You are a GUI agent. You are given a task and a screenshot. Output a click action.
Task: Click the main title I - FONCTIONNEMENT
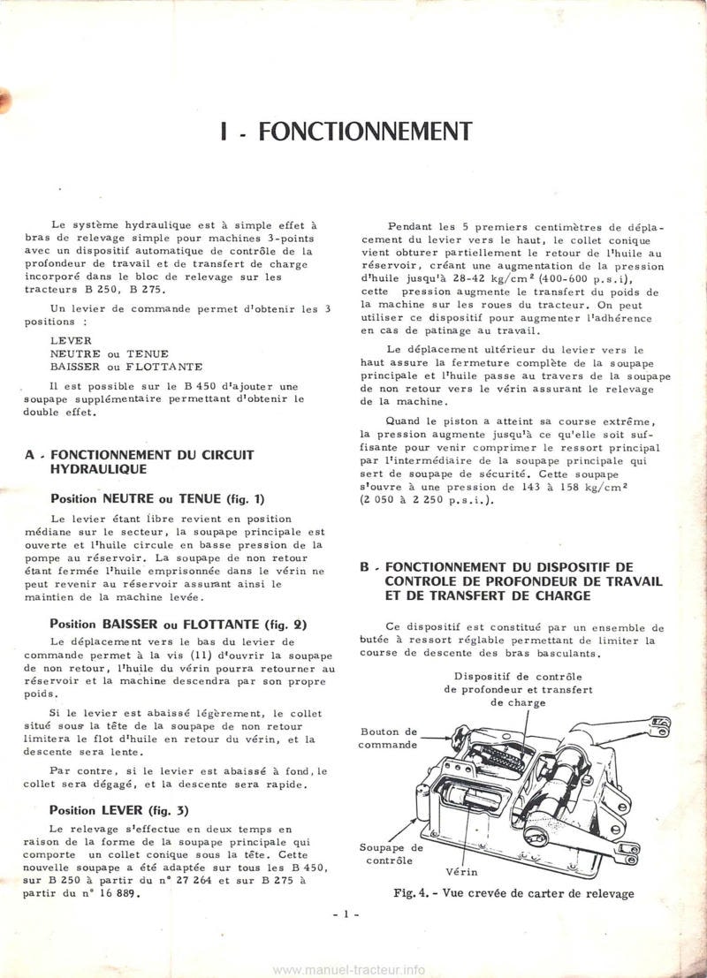[346, 132]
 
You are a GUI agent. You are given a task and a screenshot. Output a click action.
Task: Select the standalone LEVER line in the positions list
[71, 339]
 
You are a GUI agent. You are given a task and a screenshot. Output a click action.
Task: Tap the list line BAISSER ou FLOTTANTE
[126, 365]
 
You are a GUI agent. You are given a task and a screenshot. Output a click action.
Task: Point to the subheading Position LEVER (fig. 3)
[119, 809]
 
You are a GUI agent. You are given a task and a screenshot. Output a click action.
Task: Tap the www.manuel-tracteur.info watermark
[348, 968]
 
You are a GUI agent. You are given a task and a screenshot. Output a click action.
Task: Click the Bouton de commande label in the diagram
[387, 738]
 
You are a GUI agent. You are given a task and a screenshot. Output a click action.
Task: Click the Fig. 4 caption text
[513, 893]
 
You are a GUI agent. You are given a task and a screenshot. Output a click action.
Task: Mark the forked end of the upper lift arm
[658, 726]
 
